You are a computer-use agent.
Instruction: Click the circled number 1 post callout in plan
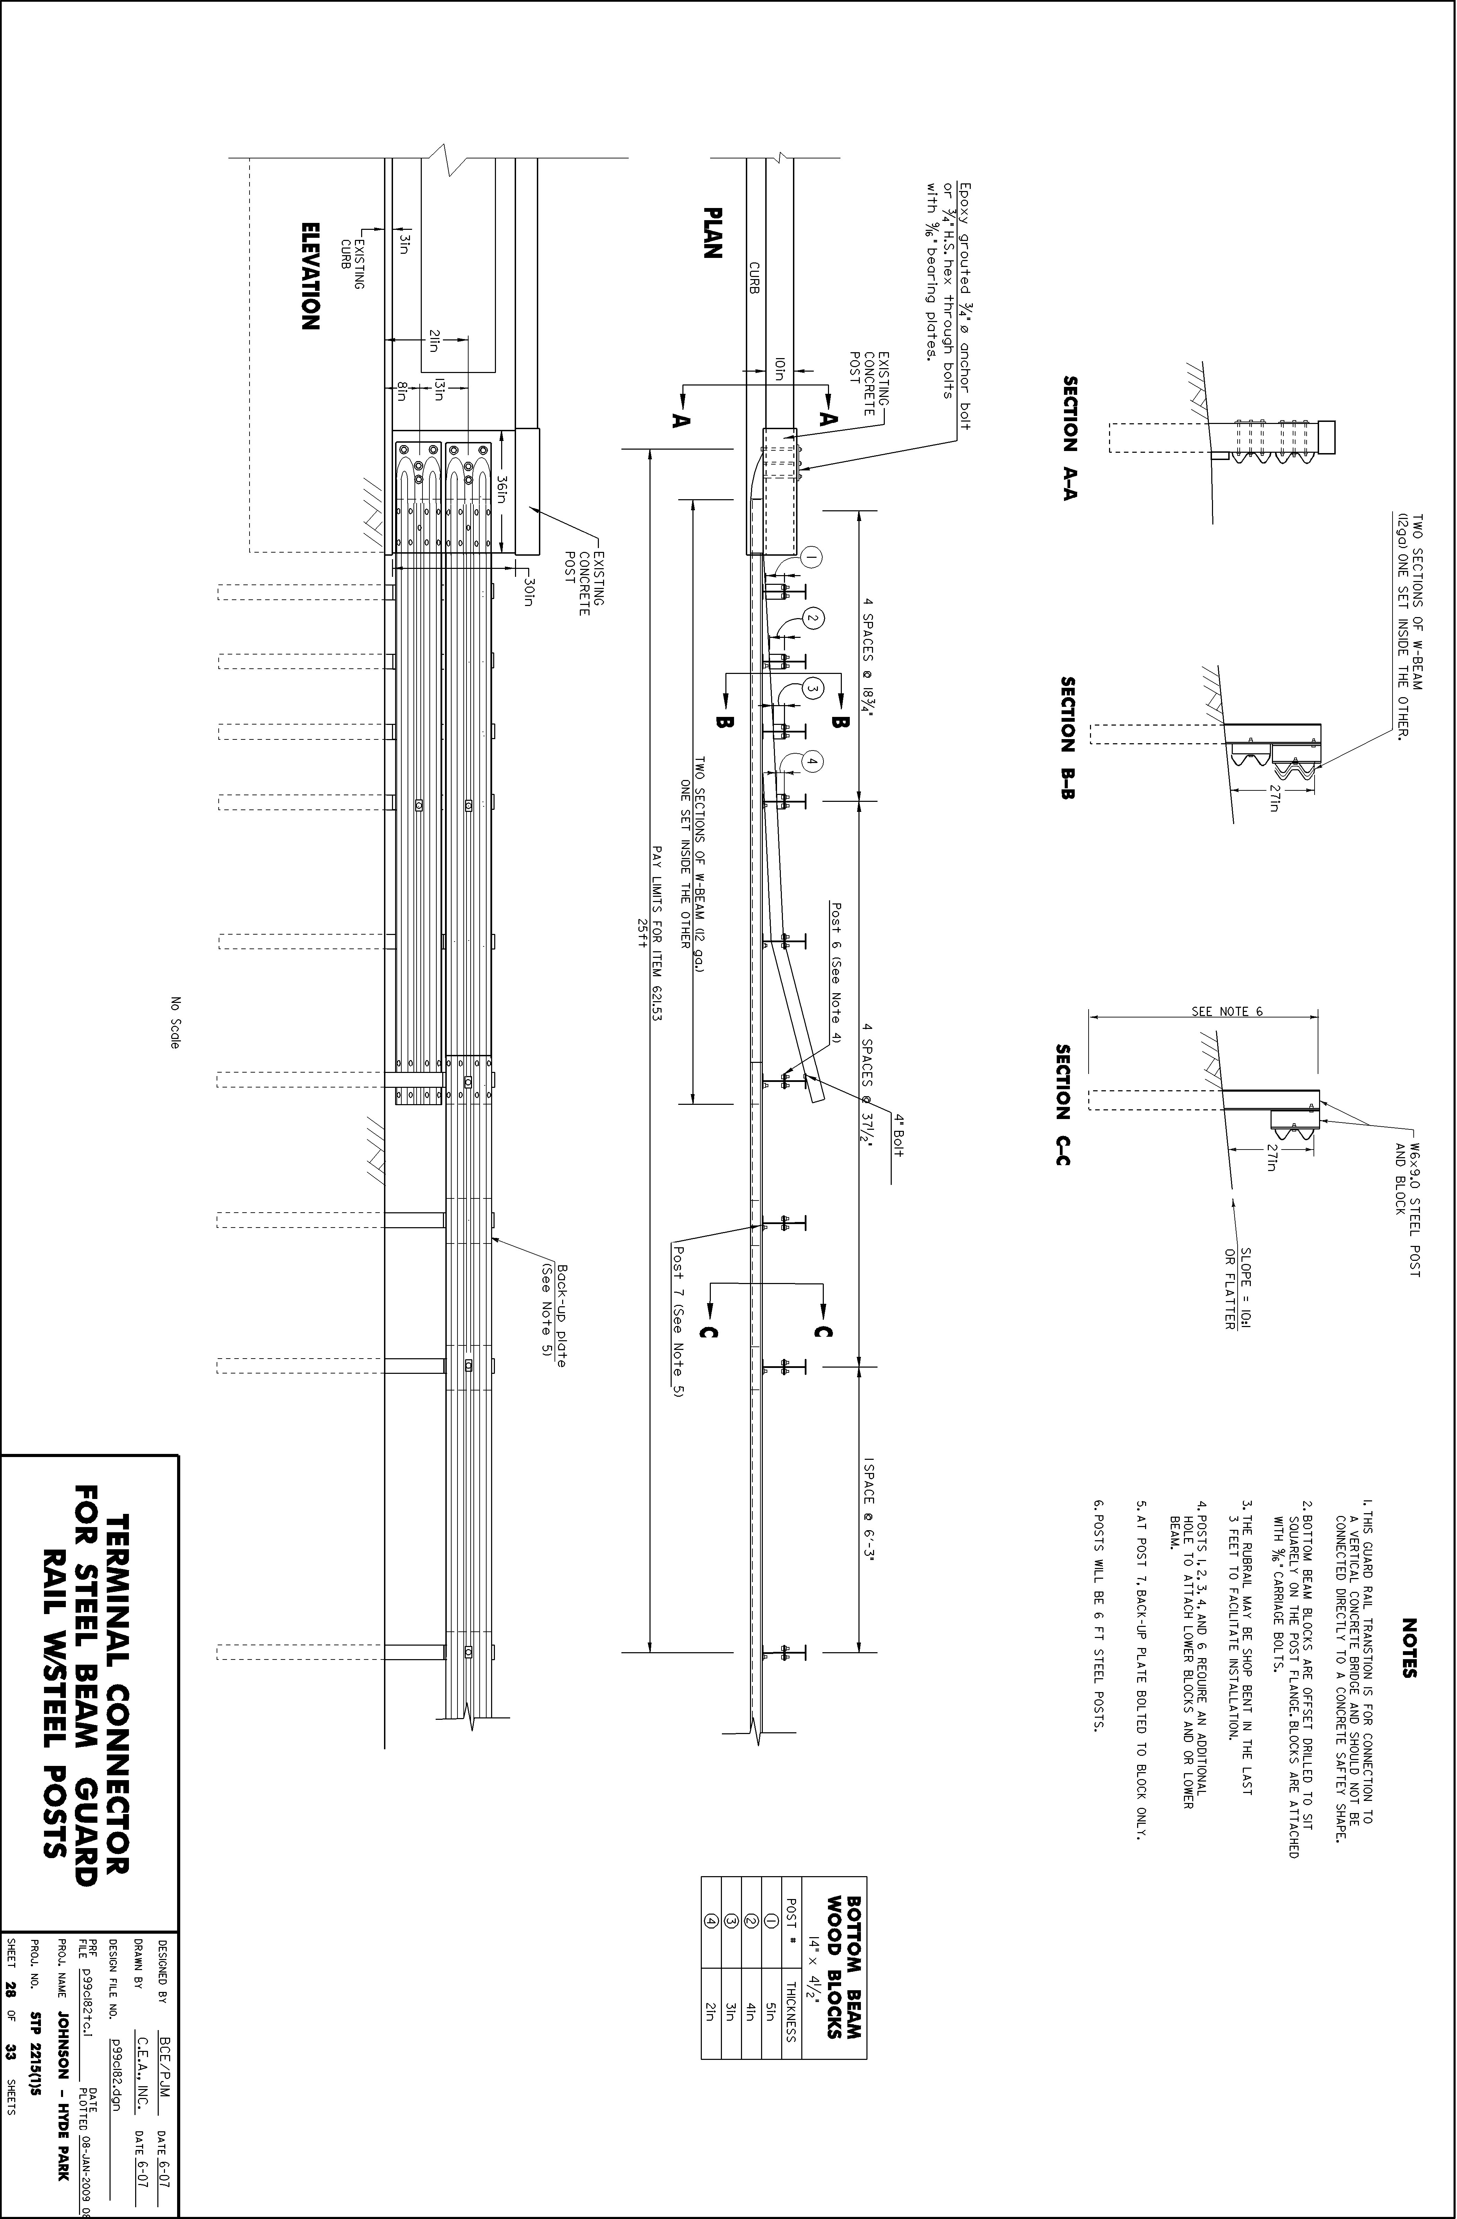coord(812,557)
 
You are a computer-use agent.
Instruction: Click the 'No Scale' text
coord(174,1023)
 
